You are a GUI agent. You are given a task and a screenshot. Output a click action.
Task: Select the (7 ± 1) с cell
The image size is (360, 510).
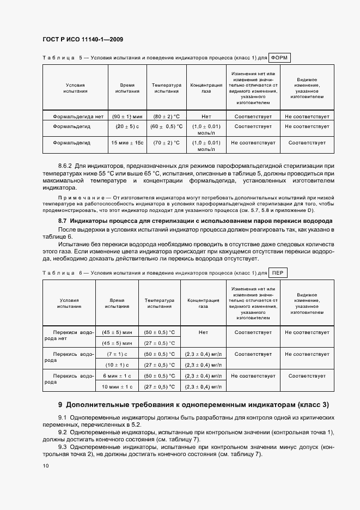[117, 354]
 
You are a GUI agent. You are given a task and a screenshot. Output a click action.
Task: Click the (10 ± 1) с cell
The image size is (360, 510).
[117, 365]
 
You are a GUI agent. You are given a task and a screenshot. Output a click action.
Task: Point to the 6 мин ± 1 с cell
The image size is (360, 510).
[117, 376]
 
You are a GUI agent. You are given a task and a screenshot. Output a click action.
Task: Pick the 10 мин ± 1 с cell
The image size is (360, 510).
[117, 387]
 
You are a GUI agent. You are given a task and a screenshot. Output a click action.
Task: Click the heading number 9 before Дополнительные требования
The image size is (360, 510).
[60, 405]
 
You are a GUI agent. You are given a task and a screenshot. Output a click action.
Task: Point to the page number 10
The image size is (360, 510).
[46, 466]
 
